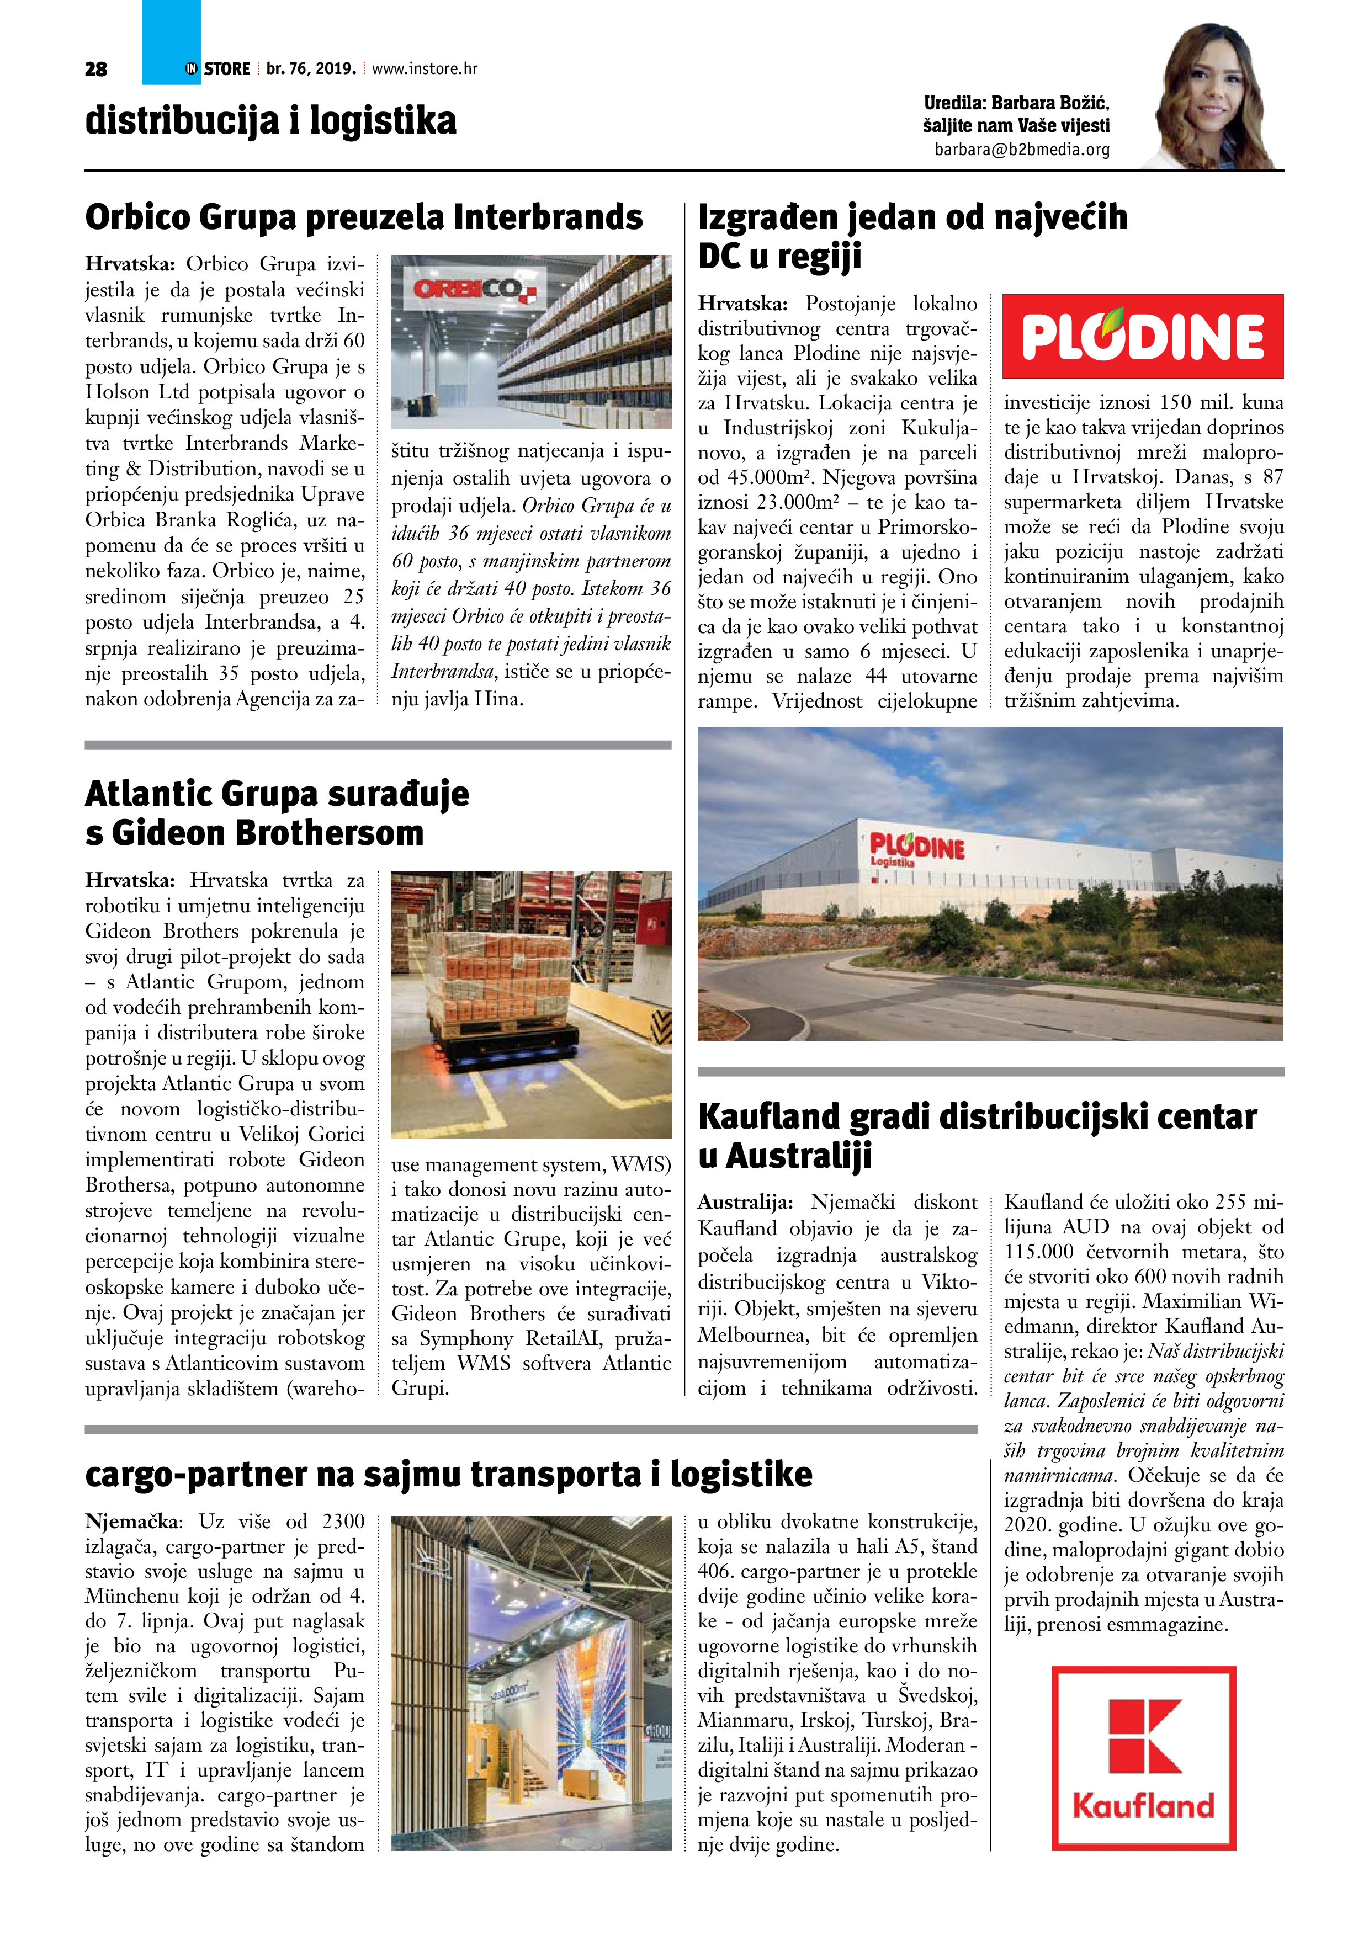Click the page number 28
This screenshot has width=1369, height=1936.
pyautogui.click(x=96, y=69)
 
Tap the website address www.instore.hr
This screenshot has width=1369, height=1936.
pyautogui.click(x=425, y=68)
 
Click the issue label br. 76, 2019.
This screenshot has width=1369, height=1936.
pyautogui.click(x=311, y=68)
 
